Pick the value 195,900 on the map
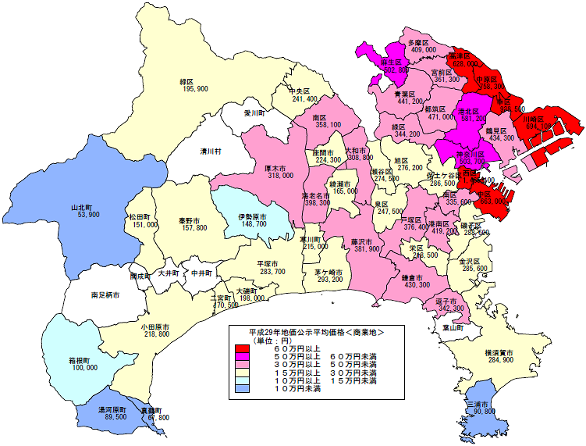point(195,90)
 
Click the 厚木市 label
point(281,168)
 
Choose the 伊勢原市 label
point(252,216)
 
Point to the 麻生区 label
point(391,62)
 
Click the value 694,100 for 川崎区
point(538,126)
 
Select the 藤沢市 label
point(364,241)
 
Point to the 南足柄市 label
point(105,295)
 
